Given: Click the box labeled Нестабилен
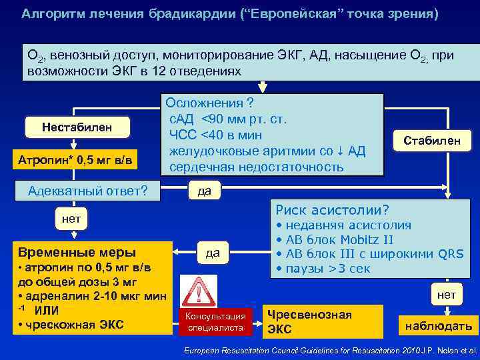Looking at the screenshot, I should (77, 127).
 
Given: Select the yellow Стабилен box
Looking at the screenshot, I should (436, 139).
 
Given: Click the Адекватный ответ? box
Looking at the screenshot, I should (87, 192).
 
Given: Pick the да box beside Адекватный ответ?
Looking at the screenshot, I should (204, 191).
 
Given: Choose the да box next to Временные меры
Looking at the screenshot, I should (213, 253).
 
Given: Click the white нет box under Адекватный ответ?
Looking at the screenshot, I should (71, 219).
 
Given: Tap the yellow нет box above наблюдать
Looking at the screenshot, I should (446, 295).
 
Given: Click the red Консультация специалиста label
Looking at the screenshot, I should (215, 321).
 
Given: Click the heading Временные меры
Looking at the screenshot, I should (77, 253).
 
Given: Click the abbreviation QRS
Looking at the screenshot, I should (450, 255).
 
